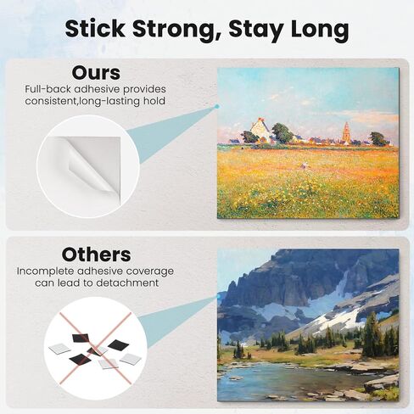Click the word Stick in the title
click(x=95, y=28)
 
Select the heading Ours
click(x=96, y=73)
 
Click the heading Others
click(x=96, y=255)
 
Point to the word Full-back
click(x=48, y=89)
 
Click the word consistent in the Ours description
click(x=51, y=101)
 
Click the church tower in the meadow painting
click(x=346, y=131)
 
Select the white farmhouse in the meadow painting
click(x=260, y=130)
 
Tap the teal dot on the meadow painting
click(x=217, y=107)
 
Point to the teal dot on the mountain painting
click(x=218, y=296)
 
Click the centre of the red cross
click(x=96, y=348)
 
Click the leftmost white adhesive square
click(x=59, y=350)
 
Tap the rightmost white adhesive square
click(x=131, y=359)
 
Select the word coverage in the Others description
click(x=150, y=271)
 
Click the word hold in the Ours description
click(x=154, y=101)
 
